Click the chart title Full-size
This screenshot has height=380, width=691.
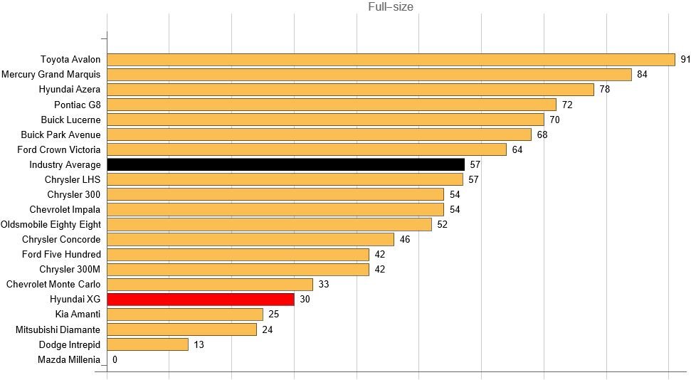pos(391,7)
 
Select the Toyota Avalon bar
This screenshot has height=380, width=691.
pos(391,60)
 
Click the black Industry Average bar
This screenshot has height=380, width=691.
pos(285,164)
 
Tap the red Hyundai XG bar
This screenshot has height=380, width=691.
pos(201,299)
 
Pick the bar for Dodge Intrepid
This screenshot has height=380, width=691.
pos(147,344)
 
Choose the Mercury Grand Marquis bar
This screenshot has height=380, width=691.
pos(369,75)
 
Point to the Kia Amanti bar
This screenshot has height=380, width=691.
pos(185,314)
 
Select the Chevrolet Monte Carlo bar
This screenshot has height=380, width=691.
pos(210,284)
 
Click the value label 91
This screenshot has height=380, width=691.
pos(685,60)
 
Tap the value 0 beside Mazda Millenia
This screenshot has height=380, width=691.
pos(115,359)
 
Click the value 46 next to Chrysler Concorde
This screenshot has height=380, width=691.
pos(405,239)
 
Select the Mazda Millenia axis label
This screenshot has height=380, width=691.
pos(69,359)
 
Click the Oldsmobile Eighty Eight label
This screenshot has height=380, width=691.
pos(51,224)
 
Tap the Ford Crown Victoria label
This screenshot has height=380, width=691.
pos(59,149)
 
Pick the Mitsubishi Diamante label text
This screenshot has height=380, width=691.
pos(58,329)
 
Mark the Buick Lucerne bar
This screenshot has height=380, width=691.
pos(325,120)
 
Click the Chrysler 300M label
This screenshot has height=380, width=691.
pos(70,269)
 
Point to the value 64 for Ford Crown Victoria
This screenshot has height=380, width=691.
pos(517,149)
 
